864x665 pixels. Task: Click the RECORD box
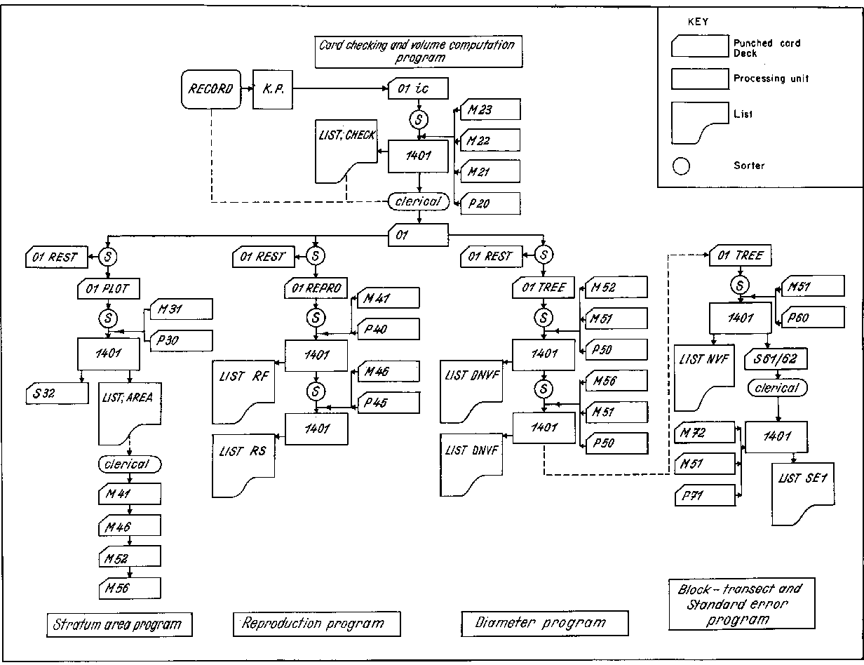click(x=210, y=89)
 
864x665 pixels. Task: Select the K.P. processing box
click(x=272, y=89)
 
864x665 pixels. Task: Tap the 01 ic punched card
click(x=419, y=89)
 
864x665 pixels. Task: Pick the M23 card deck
click(x=490, y=109)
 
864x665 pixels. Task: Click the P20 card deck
click(x=490, y=204)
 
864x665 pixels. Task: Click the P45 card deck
click(x=389, y=402)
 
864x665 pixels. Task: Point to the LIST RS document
click(x=245, y=464)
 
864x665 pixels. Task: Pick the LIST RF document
click(x=245, y=394)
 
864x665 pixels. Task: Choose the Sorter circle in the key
click(x=680, y=166)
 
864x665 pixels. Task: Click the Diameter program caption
click(x=545, y=622)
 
